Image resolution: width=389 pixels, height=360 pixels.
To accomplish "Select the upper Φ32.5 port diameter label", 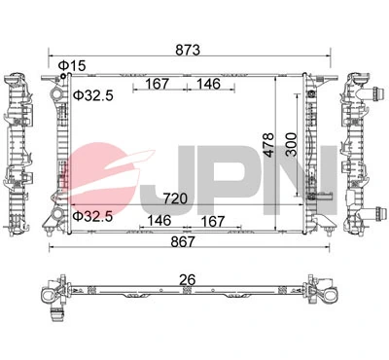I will (x=95, y=95).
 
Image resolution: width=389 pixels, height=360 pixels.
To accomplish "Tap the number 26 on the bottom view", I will (x=187, y=280).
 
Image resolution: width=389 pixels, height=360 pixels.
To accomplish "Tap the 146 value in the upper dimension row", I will (x=208, y=84).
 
